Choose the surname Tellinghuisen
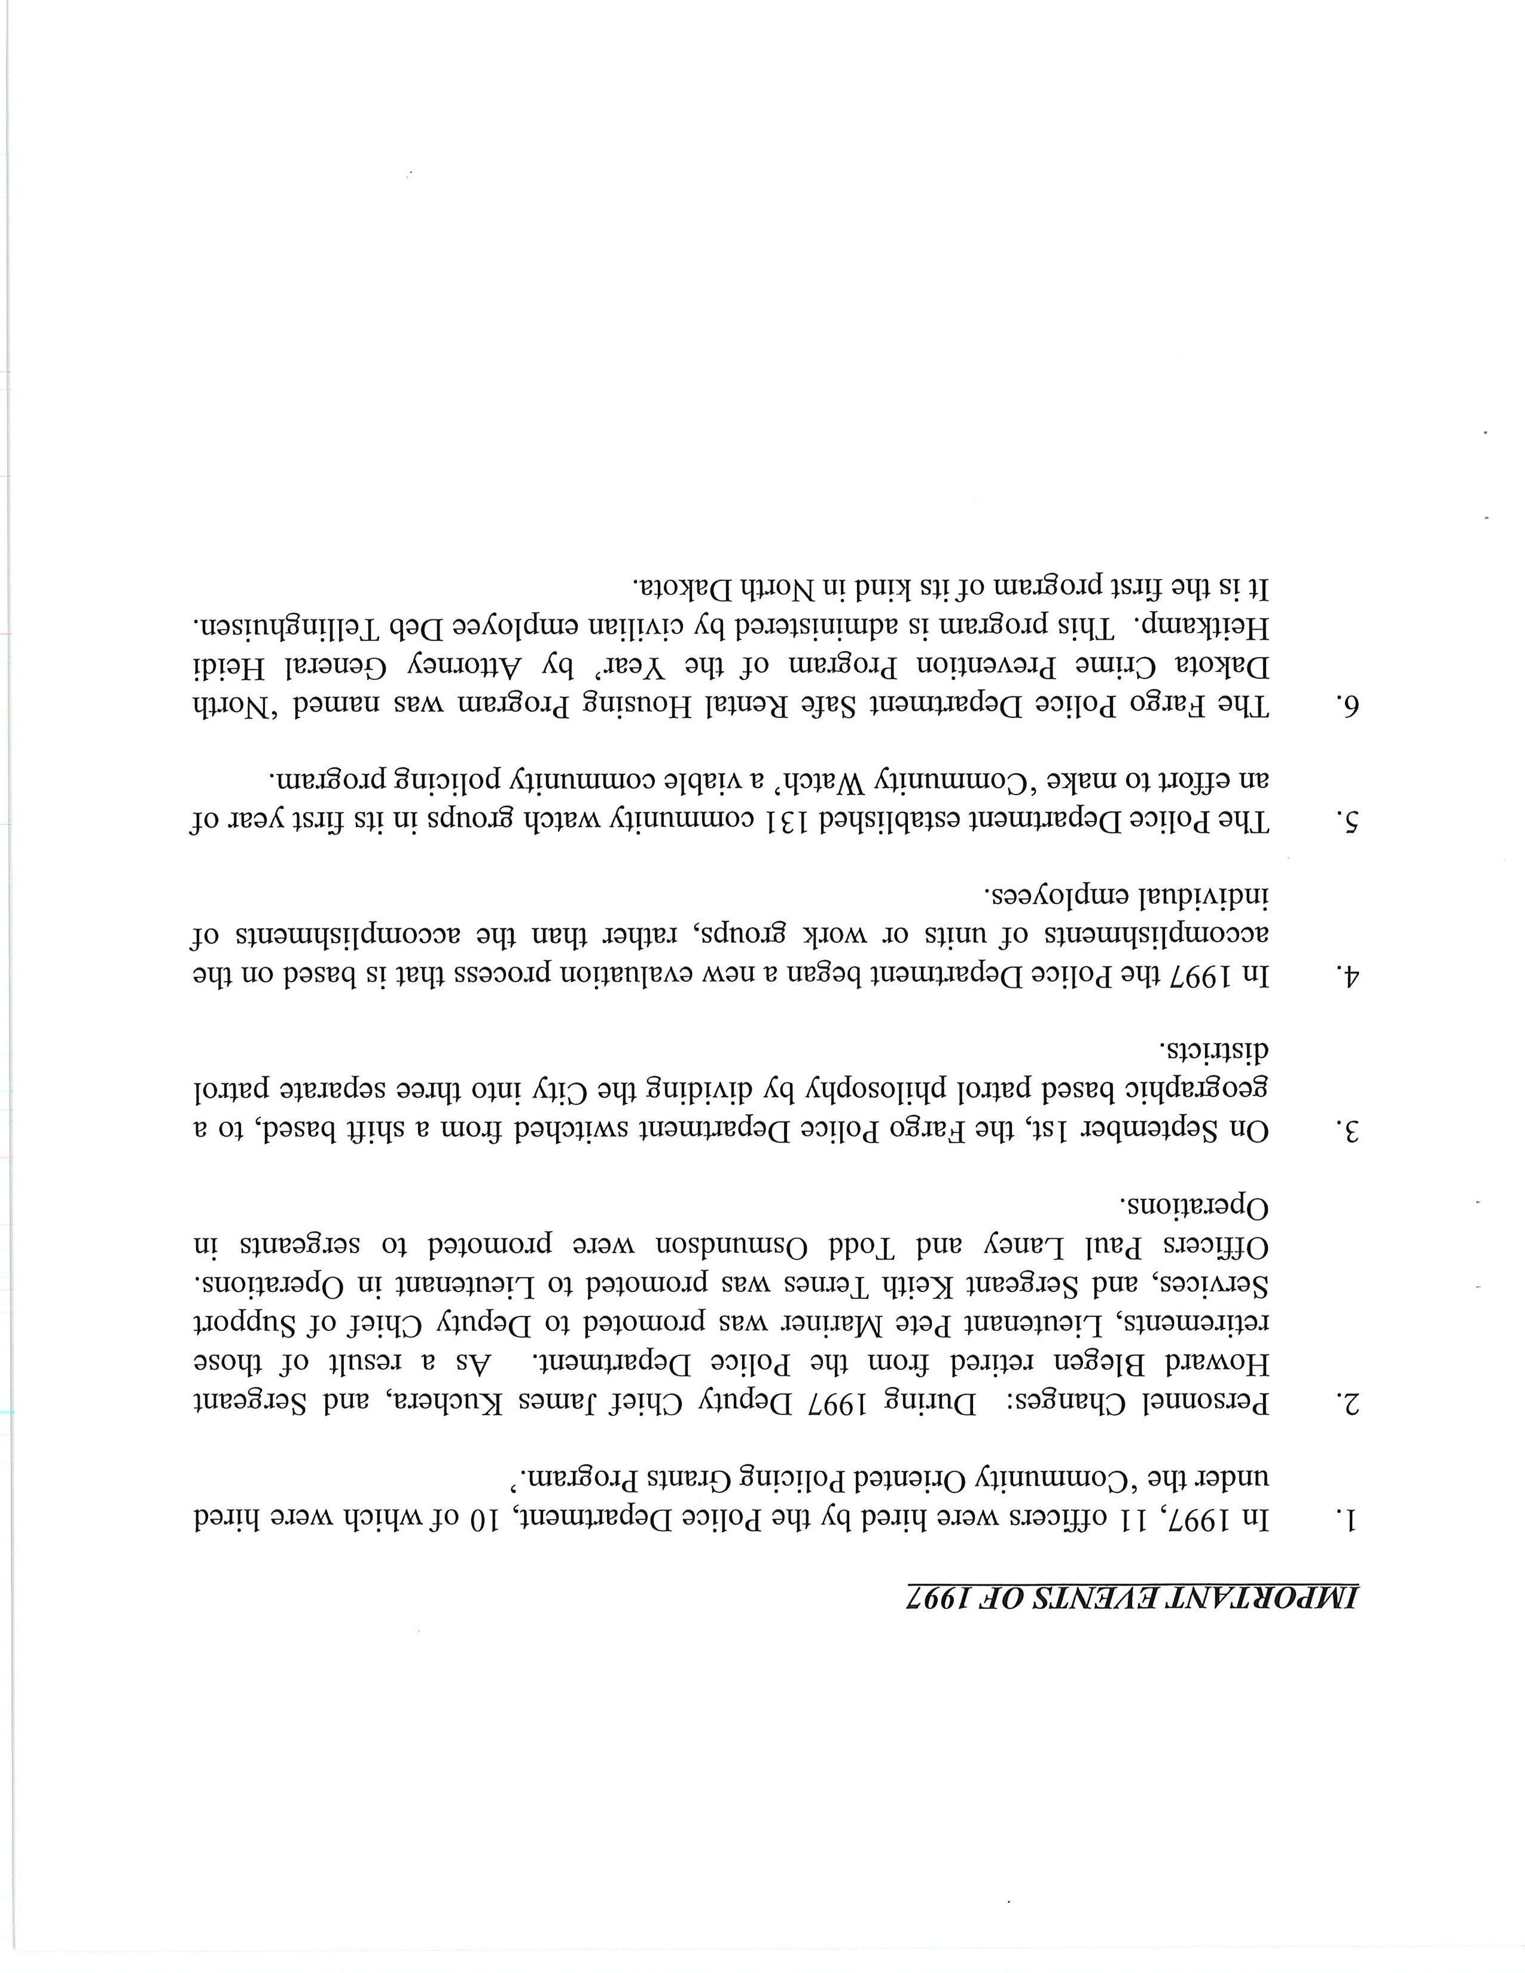pos(288,626)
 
